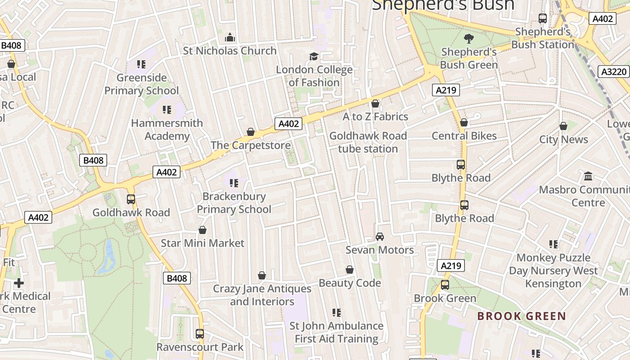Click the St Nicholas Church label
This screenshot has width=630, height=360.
coord(229,51)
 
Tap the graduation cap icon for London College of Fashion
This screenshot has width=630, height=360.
coord(314,56)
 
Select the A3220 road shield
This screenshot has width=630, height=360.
coord(614,72)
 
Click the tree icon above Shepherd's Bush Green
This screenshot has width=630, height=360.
coord(468,39)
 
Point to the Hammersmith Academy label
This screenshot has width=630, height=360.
coord(167,130)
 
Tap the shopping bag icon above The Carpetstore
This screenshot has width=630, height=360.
coord(251,132)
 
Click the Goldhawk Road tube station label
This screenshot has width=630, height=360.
coord(368,142)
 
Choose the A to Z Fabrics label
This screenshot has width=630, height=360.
coord(375,117)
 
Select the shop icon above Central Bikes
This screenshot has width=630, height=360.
coord(464,122)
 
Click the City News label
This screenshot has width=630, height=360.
coord(563,139)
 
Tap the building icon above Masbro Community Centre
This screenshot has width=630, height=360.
coord(588,176)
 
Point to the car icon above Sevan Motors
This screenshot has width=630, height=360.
coord(380,237)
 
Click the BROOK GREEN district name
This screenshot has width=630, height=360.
coord(522,316)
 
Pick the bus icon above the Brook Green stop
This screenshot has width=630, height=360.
coord(445,285)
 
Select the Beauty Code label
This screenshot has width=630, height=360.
coord(350,283)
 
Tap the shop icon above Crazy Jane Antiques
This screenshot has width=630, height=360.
coord(262,275)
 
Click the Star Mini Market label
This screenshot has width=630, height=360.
coord(202,243)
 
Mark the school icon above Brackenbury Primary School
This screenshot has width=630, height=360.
coord(234,183)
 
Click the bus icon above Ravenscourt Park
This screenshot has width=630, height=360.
coord(200,334)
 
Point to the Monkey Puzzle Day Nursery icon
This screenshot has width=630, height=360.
coord(553,244)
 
